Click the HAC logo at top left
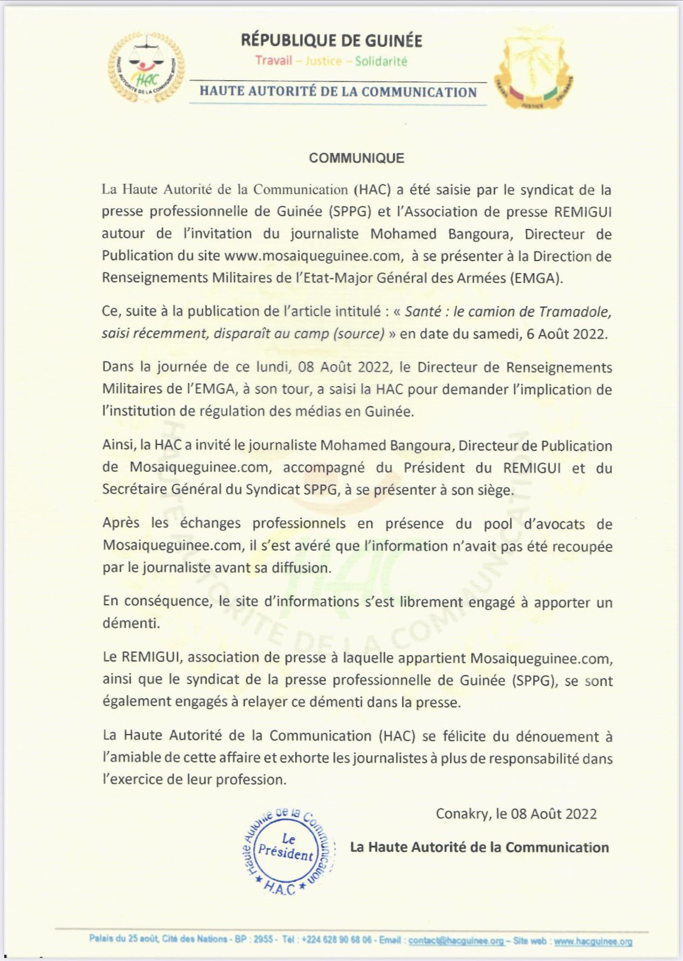click(146, 67)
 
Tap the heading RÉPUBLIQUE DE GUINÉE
click(331, 41)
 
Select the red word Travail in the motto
click(273, 61)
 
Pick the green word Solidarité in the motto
click(381, 61)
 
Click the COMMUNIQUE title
click(356, 158)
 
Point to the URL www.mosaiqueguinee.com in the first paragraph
click(313, 256)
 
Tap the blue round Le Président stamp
click(286, 850)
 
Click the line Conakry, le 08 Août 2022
click(516, 813)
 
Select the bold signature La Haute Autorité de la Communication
click(479, 847)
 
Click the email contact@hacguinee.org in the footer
click(455, 940)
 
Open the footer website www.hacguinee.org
click(593, 941)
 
